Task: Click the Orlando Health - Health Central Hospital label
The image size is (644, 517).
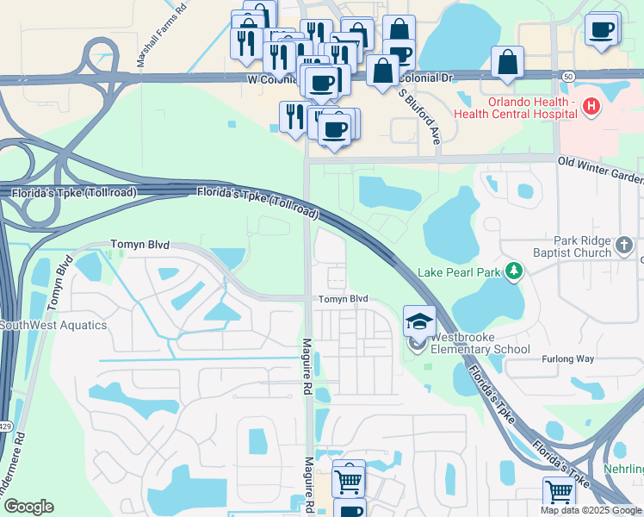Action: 532,107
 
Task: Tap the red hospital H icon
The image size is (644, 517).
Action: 591,107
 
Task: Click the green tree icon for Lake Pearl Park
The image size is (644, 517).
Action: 514,272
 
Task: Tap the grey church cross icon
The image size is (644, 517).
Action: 626,247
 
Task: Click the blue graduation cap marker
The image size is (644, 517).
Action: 419,321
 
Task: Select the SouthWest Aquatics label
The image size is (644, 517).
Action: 53,325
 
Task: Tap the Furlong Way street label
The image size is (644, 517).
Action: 567,359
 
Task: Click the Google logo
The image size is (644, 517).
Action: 28,507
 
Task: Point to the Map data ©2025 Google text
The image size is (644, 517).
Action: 591,510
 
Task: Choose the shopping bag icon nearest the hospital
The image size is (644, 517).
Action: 508,63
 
